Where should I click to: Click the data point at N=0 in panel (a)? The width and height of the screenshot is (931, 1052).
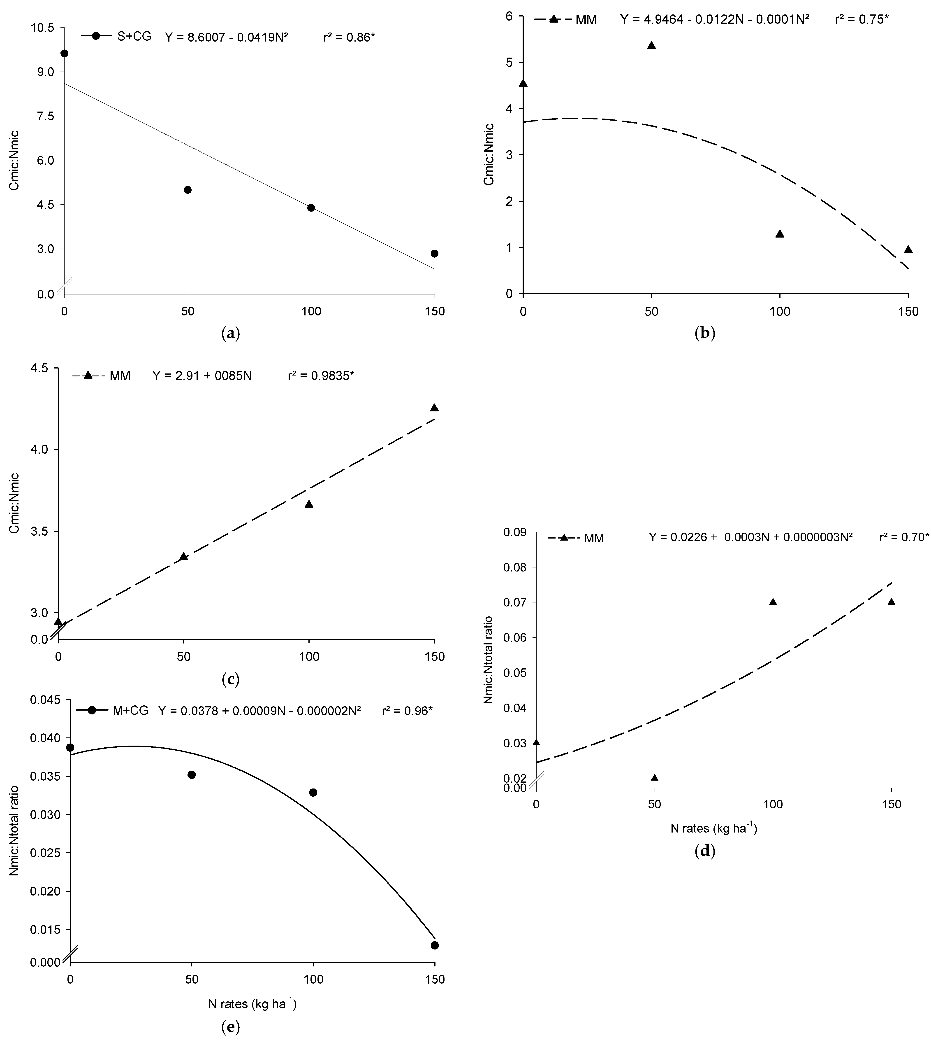coord(64,54)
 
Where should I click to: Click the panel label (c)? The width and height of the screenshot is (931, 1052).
coord(230,679)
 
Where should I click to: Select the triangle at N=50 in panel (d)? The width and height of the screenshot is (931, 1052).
coord(654,778)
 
